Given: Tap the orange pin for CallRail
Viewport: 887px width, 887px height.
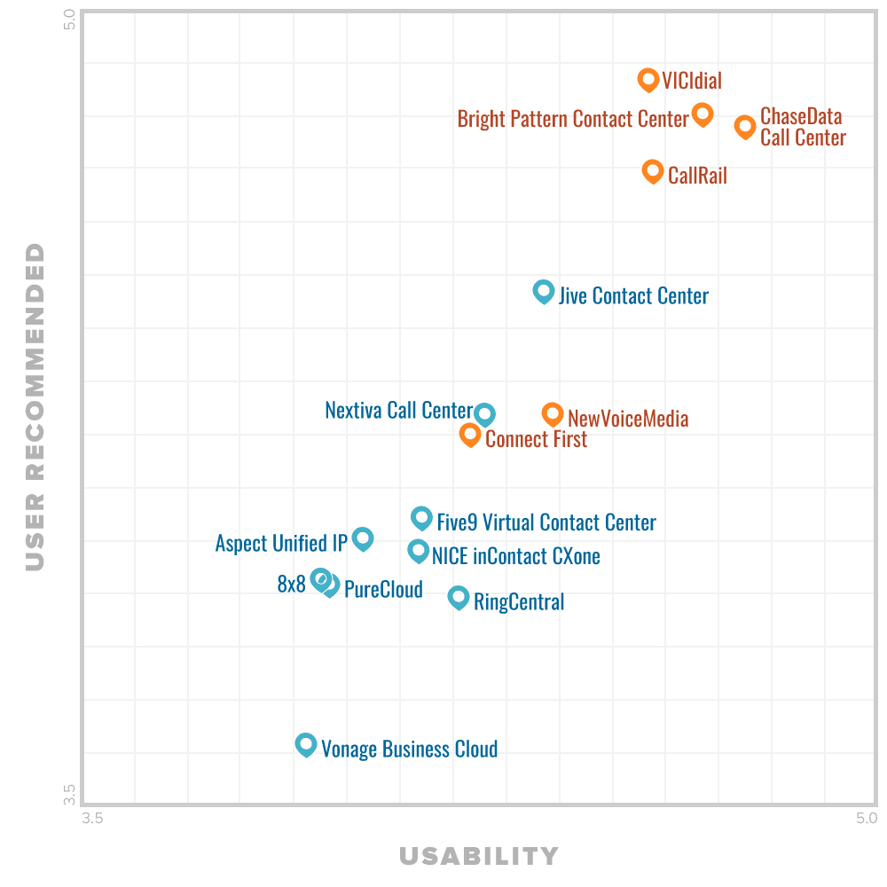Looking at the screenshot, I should [x=653, y=171].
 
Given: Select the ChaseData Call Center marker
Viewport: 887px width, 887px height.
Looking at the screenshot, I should [x=745, y=126].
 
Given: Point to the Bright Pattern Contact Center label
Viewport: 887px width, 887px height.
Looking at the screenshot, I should [x=573, y=119].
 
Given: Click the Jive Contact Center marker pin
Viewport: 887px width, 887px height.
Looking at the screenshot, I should [x=544, y=291].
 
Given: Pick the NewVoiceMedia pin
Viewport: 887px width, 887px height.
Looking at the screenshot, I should [x=553, y=413].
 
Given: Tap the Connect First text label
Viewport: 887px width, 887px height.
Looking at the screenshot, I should [x=536, y=438].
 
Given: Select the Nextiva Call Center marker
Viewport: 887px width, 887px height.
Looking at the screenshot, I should [x=484, y=413].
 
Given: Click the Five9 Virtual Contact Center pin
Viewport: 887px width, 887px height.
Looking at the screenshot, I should [x=421, y=518].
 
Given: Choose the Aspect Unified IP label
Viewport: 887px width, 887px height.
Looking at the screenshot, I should [x=281, y=543].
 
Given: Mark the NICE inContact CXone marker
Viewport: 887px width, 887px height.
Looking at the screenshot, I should [x=418, y=551].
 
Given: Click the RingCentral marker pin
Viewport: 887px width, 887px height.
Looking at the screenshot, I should [x=459, y=597].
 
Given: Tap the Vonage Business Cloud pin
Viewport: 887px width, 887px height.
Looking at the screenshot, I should [x=306, y=744].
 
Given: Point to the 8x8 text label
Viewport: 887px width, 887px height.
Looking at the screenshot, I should [x=291, y=584].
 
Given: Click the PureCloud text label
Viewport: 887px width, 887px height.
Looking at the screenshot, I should [x=383, y=589].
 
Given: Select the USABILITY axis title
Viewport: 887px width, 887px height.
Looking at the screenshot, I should [x=479, y=856].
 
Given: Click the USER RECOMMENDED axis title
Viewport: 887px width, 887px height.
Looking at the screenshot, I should [x=35, y=406].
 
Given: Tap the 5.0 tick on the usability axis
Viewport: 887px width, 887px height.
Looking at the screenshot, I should [x=867, y=818].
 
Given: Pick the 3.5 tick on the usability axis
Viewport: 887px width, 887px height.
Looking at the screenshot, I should [x=92, y=818].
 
